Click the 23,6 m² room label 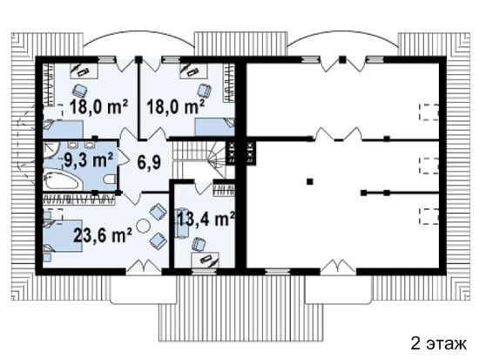point(103,235)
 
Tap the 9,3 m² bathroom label point(89,160)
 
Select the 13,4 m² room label point(206,219)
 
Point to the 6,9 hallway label point(149,162)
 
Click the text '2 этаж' point(438,343)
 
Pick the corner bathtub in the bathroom point(63,180)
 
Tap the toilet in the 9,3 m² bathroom point(110,179)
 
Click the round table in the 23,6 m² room point(143,226)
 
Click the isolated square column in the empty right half point(310,181)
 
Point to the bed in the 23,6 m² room point(63,235)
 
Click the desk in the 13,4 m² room point(205,260)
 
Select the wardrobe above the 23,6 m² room point(79,200)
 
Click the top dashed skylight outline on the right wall point(428,112)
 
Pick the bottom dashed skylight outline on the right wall point(428,216)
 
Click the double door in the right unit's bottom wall point(338,266)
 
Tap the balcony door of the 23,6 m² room point(144,266)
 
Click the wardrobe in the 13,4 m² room point(224,189)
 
